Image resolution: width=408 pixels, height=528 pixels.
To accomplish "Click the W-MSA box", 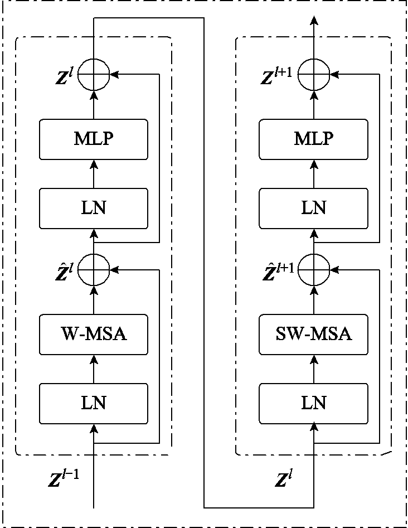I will (x=94, y=335).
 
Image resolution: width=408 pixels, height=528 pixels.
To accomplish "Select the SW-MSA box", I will (x=313, y=335).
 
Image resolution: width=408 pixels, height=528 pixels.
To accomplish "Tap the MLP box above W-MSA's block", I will (x=94, y=139).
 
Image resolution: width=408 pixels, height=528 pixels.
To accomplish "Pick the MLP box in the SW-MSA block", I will (x=313, y=139).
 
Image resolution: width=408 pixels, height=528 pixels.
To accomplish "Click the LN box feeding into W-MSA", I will (x=94, y=403).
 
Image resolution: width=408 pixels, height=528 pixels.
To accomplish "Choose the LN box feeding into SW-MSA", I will (x=313, y=403).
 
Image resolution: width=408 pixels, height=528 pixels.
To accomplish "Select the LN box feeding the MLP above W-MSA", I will (x=94, y=208).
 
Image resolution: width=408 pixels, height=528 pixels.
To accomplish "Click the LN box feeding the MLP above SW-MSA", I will (x=313, y=208).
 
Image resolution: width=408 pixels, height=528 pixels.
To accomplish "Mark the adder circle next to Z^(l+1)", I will (x=314, y=74).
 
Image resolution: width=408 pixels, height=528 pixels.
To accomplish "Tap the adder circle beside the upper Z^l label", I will (x=94, y=74).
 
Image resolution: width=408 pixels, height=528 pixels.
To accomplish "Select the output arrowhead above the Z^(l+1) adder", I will (x=314, y=21).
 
